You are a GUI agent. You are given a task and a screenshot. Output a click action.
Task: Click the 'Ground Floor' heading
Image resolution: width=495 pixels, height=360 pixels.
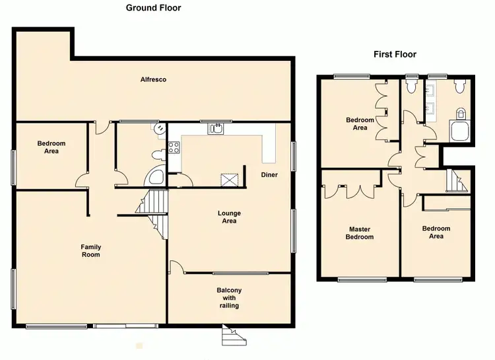(153, 8)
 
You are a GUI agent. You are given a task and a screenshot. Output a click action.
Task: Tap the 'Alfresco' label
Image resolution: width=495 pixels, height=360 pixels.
(153, 80)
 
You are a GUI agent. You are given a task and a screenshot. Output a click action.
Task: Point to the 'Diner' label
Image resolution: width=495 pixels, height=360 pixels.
(269, 175)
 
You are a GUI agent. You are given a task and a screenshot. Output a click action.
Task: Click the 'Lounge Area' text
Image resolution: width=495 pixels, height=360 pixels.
(230, 217)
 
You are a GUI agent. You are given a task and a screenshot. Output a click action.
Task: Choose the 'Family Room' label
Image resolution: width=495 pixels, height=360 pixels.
(91, 251)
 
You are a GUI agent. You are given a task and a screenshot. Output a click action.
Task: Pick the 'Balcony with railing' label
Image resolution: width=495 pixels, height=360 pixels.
(229, 298)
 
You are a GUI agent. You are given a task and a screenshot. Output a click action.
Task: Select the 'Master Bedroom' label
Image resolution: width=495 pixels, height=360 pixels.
(360, 233)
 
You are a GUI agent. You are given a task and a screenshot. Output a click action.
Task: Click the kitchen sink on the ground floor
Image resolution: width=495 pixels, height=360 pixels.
(215, 129)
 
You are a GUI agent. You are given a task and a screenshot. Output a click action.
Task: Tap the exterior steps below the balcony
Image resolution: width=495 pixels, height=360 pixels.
(232, 337)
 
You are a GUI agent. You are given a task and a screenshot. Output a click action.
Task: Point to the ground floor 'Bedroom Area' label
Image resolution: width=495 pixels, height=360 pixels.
(48, 147)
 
